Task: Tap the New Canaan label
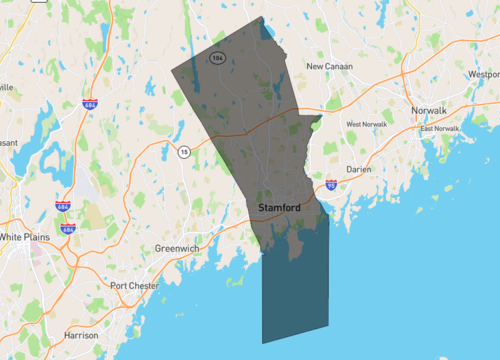[329, 66]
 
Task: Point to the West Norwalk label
[367, 124]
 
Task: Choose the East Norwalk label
[439, 129]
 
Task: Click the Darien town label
[358, 169]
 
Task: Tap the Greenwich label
[178, 247]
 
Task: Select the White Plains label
[25, 237]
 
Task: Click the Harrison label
[81, 335]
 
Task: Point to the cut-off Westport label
[484, 74]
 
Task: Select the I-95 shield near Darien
[331, 185]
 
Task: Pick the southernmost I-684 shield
[68, 229]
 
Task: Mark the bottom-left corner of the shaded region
[262, 343]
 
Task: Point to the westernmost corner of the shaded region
[172, 72]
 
